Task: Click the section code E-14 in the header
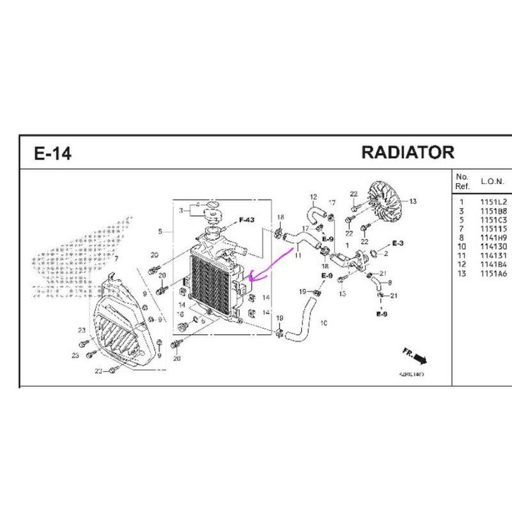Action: pyautogui.click(x=53, y=153)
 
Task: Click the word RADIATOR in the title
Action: pyautogui.click(x=407, y=152)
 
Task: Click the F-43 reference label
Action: pyautogui.click(x=246, y=220)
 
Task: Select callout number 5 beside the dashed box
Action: pyautogui.click(x=161, y=232)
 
